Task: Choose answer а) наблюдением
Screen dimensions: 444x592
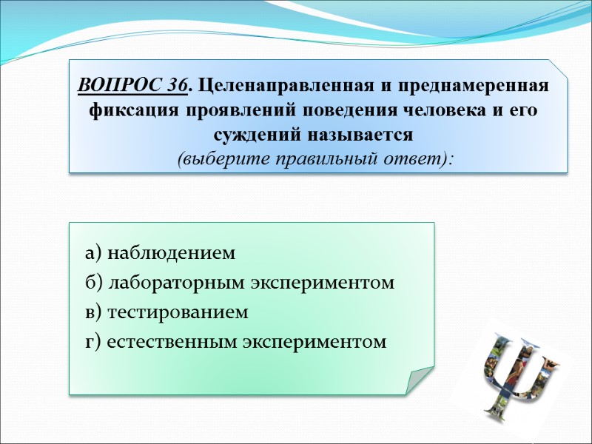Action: (x=160, y=254)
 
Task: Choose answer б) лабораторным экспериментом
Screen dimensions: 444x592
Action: (x=240, y=283)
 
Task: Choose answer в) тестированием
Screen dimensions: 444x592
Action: (x=166, y=313)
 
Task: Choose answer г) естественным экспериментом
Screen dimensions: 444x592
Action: (x=235, y=343)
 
